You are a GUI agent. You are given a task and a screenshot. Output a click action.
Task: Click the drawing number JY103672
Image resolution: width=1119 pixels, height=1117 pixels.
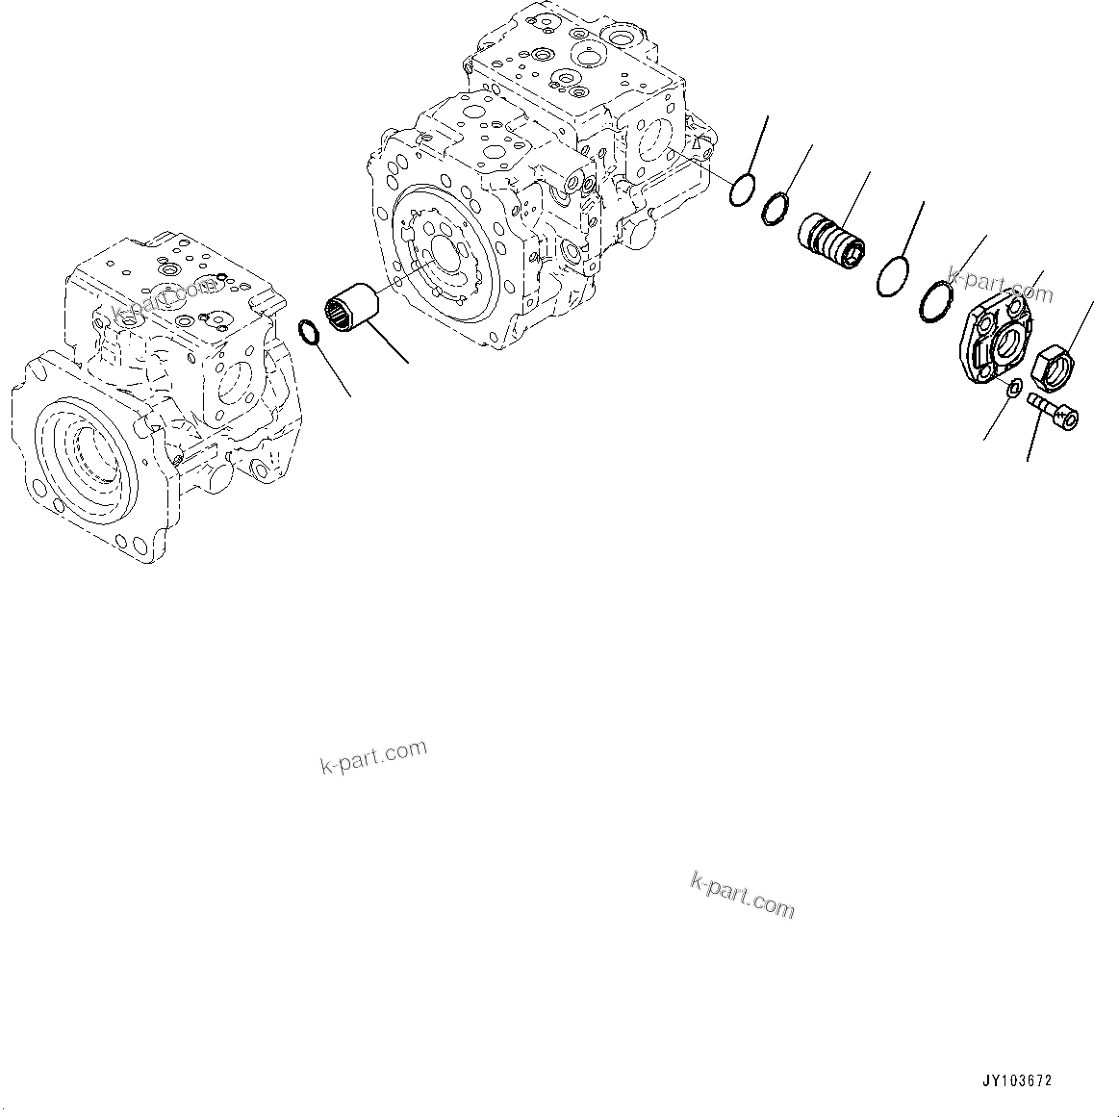[x=1017, y=1080]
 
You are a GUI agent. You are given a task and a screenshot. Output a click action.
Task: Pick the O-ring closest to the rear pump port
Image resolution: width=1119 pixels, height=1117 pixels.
[x=741, y=191]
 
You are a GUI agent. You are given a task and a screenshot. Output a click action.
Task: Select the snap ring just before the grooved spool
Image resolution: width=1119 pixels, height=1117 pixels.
[x=776, y=207]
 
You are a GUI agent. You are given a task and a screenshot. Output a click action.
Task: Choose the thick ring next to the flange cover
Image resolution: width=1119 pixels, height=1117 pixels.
[x=933, y=297]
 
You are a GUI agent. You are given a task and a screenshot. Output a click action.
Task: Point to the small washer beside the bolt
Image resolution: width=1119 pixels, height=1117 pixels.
[x=1012, y=388]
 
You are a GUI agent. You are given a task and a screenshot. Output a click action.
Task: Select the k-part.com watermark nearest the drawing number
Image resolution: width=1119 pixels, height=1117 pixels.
[x=743, y=895]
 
